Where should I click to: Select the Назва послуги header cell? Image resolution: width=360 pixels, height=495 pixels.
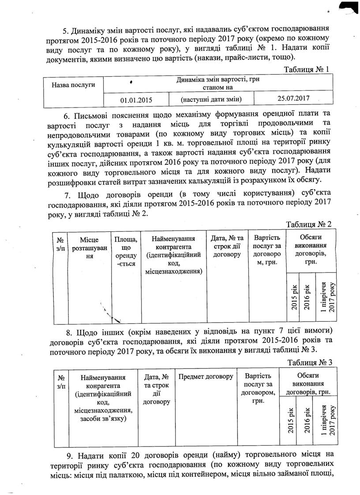pyautogui.click(x=74, y=84)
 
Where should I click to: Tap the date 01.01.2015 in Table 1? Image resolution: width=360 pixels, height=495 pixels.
pyautogui.click(x=136, y=99)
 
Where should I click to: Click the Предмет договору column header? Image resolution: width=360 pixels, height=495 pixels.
pyautogui.click(x=206, y=376)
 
